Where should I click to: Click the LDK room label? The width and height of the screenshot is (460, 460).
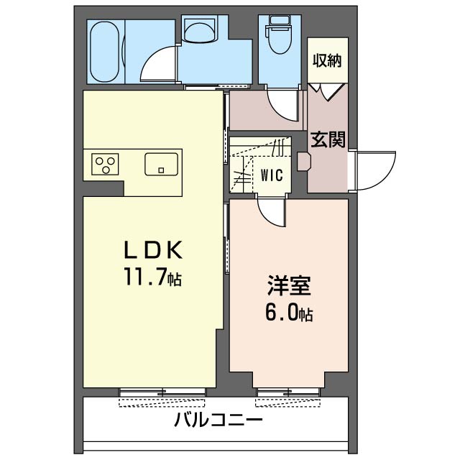pyautogui.click(x=152, y=249)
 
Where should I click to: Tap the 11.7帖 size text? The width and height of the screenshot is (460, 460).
pyautogui.click(x=152, y=277)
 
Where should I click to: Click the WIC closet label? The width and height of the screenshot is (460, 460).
pyautogui.click(x=271, y=175)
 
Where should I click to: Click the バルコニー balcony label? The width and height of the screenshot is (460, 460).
pyautogui.click(x=218, y=420)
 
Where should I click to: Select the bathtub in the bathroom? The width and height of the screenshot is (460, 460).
pyautogui.click(x=107, y=51)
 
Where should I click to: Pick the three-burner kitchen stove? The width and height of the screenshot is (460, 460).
pyautogui.click(x=105, y=165)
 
